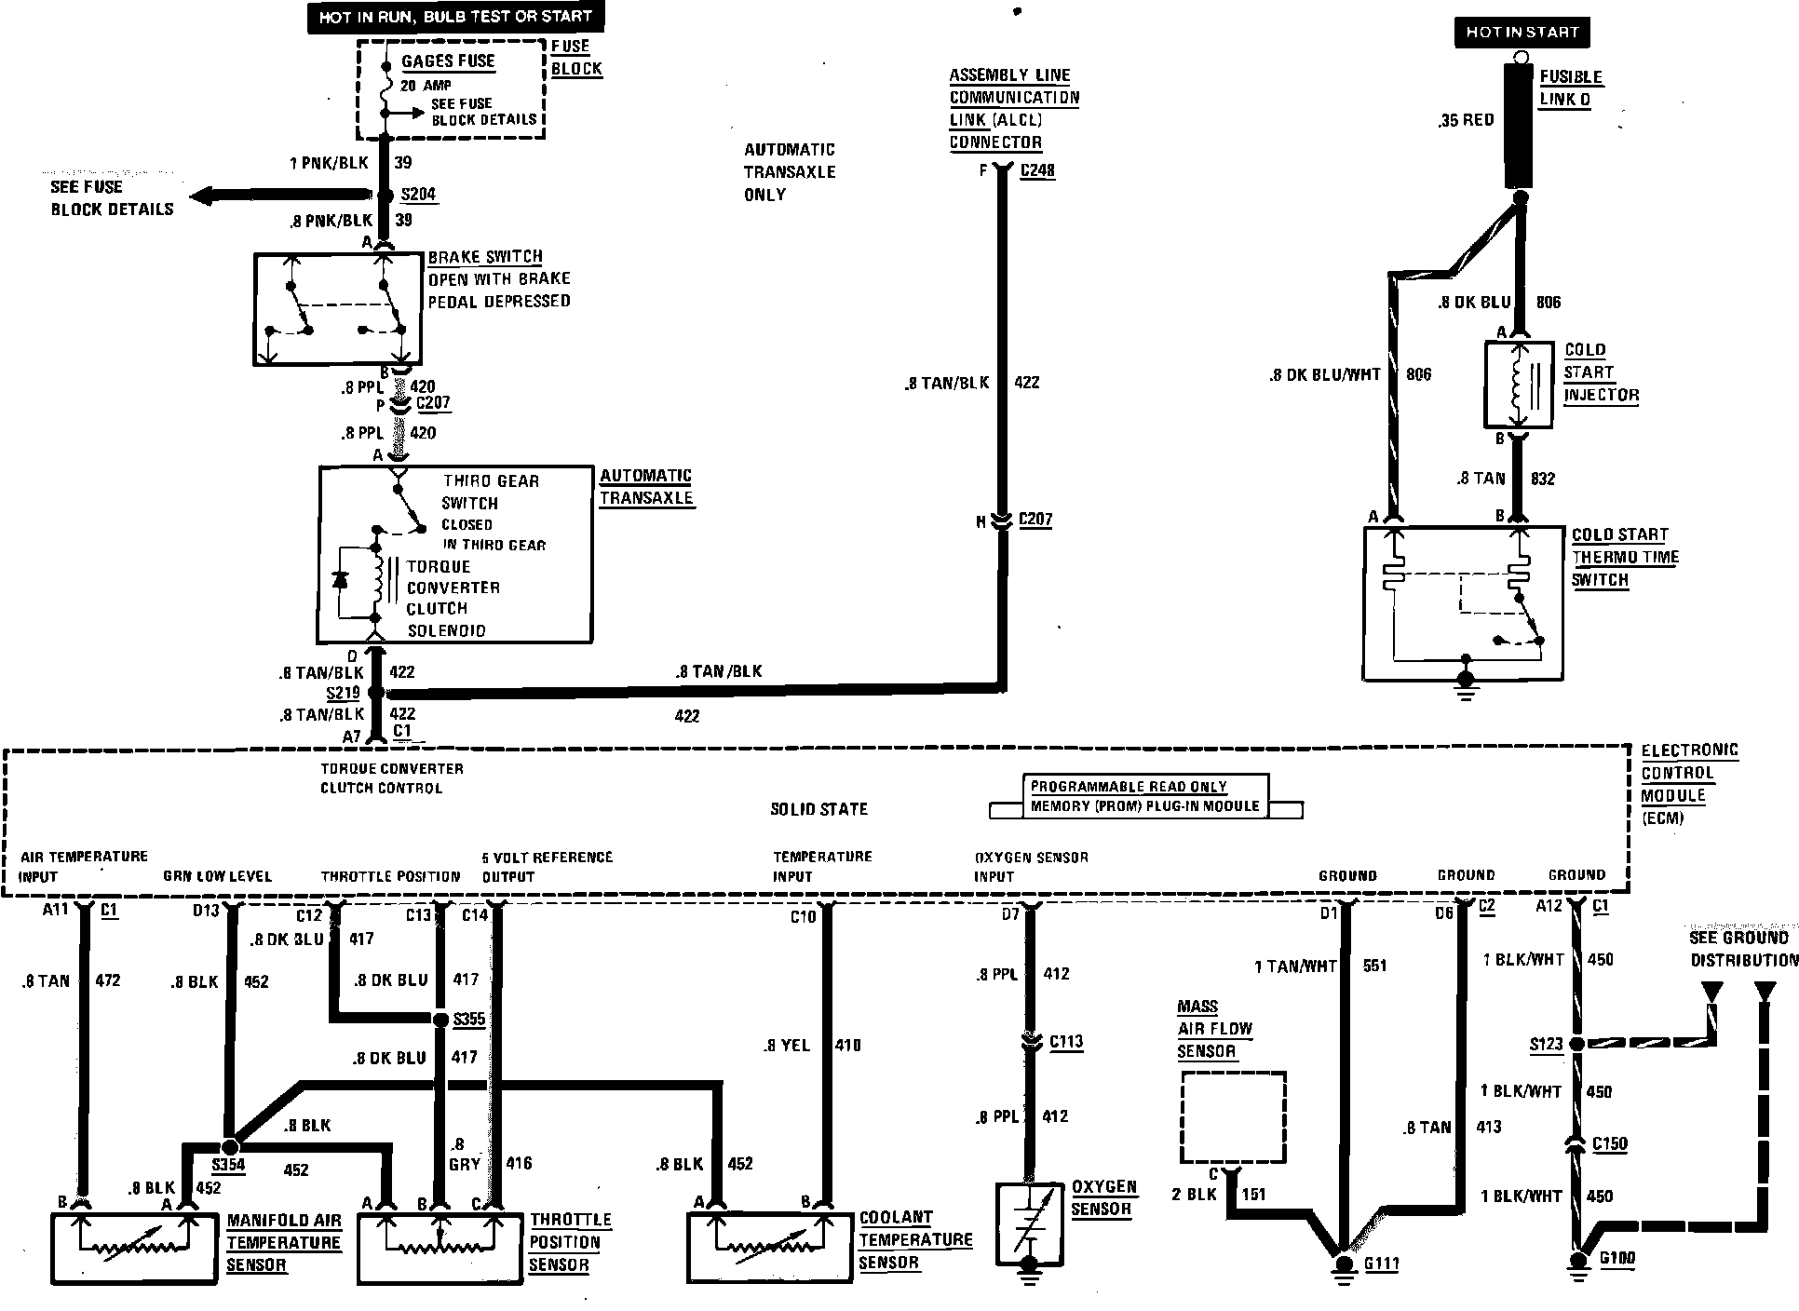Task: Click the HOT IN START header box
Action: [x=1522, y=32]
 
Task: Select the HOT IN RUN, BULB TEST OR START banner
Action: [x=455, y=17]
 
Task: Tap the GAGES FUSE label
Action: [x=448, y=61]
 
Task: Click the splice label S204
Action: [x=418, y=195]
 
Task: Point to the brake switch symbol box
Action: [x=337, y=309]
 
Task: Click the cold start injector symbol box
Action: [x=1518, y=385]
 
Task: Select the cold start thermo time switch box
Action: [x=1463, y=602]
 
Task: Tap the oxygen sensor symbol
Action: [x=1029, y=1219]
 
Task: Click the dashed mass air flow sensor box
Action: [x=1233, y=1117]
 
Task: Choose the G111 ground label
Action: [x=1381, y=1264]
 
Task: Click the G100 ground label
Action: [x=1616, y=1259]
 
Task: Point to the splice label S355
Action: [x=468, y=1020]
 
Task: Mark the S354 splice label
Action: [x=228, y=1165]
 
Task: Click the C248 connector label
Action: [x=1037, y=171]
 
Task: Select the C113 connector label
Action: [x=1066, y=1042]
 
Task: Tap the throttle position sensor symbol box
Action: [x=440, y=1247]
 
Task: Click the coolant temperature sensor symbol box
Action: [x=770, y=1247]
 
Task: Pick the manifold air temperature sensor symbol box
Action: [x=134, y=1247]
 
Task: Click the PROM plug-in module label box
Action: [x=1144, y=797]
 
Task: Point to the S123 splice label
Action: [x=1546, y=1045]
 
